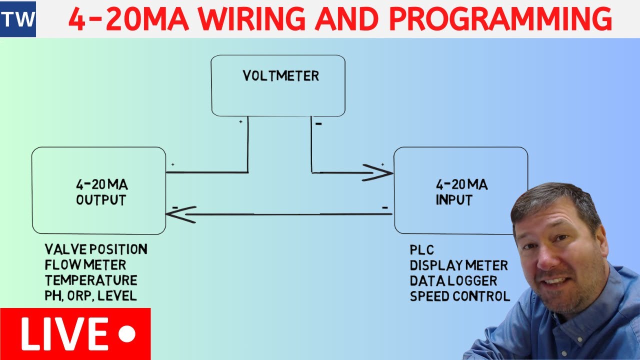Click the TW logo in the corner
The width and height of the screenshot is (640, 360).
coord(18,19)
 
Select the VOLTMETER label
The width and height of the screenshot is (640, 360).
coord(280,76)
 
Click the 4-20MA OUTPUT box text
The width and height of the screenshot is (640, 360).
coord(101,192)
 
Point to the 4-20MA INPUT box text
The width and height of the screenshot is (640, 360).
coord(461,192)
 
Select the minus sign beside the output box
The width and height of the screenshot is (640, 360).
coord(175,206)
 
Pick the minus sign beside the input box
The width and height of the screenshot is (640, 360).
coord(384,206)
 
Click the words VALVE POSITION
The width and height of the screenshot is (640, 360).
coord(96,249)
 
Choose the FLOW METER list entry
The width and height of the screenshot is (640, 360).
coord(85,264)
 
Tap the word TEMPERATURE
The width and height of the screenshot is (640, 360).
coord(91,280)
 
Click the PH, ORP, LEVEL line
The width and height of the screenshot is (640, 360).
coord(90,295)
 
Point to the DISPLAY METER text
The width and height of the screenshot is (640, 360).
coord(458,265)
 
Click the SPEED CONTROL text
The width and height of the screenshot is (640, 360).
coord(459,296)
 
